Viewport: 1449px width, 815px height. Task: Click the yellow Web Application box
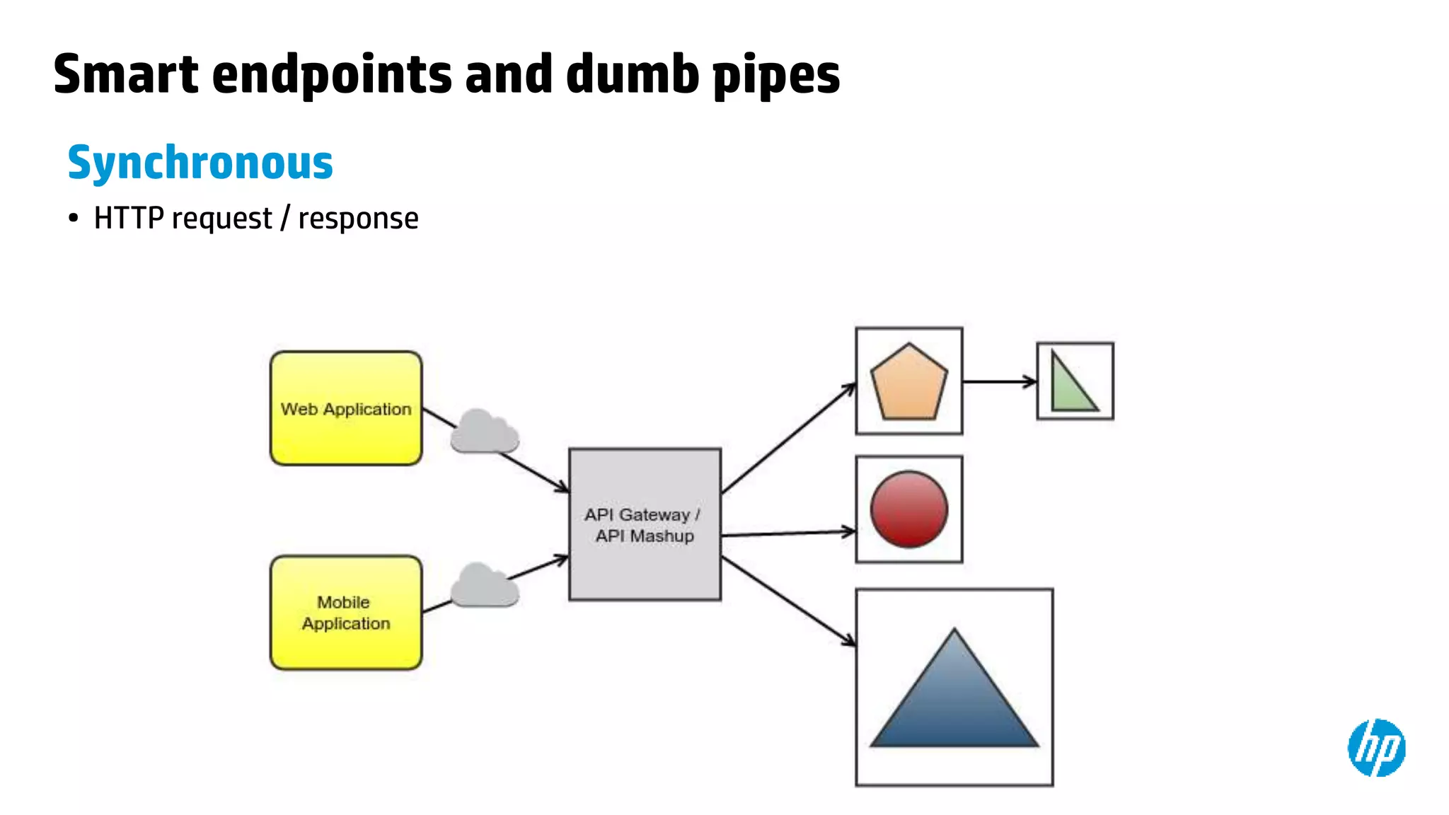tap(346, 408)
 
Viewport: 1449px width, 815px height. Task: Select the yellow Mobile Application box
tap(346, 613)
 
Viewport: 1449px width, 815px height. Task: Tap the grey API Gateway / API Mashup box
tap(645, 524)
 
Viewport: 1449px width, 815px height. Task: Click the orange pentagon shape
tap(908, 383)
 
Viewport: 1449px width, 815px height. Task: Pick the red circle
tap(908, 509)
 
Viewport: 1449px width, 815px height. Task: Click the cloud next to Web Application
tap(485, 432)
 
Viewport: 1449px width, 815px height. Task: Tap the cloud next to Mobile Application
tap(485, 586)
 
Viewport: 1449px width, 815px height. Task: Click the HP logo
tap(1376, 747)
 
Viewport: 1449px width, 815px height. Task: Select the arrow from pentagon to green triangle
tap(999, 382)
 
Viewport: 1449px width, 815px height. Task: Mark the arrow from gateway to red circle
tap(787, 533)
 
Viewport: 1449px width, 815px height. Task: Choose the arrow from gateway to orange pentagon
tap(787, 439)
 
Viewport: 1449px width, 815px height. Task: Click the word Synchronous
tap(200, 163)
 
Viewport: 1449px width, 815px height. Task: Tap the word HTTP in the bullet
tap(129, 218)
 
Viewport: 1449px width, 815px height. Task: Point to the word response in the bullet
tap(358, 219)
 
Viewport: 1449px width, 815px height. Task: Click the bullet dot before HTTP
tap(74, 219)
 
